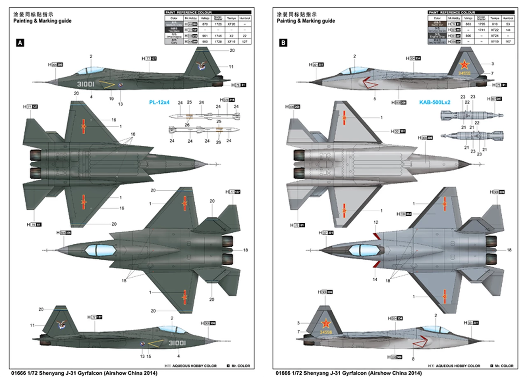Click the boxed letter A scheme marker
pos(19,42)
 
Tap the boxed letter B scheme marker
pos(283,42)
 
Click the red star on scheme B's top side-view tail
pos(464,65)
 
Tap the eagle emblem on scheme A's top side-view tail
pos(202,65)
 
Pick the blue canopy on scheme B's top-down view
pos(364,250)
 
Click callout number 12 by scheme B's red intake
pos(375,222)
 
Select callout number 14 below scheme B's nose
pos(375,279)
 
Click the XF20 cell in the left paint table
pos(232,24)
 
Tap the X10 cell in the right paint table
pos(495,24)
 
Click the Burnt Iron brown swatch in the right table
pos(437,24)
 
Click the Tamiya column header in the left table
pos(232,18)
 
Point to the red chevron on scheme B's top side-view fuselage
pos(369,84)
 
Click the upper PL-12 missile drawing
pos(204,116)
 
